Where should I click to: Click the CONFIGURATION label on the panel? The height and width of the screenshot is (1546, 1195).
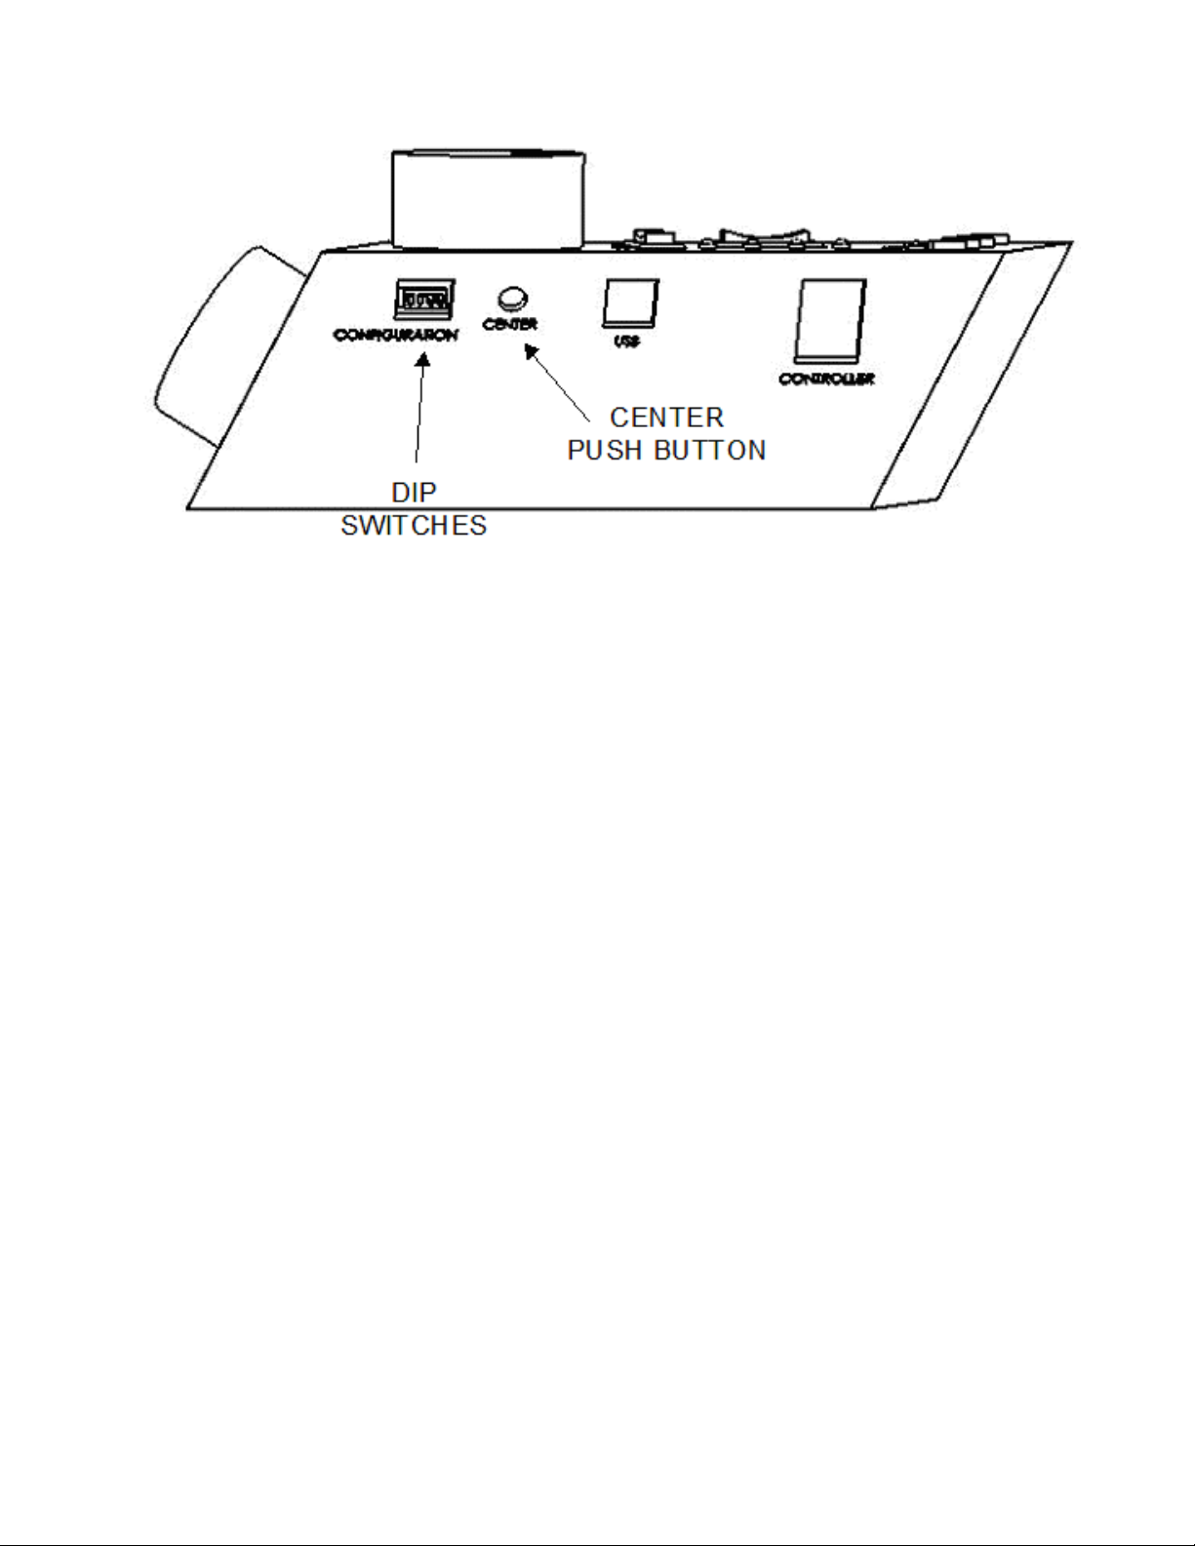point(395,335)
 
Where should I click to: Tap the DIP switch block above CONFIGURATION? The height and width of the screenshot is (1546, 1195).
point(423,298)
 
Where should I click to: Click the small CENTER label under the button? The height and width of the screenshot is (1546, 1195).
point(509,324)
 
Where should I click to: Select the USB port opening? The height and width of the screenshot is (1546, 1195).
point(630,303)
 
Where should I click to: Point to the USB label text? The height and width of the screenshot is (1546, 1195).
point(626,342)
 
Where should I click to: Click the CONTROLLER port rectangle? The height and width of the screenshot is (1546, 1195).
point(830,322)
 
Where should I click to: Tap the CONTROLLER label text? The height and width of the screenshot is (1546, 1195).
point(826,378)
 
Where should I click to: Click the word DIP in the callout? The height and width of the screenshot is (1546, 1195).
point(414,494)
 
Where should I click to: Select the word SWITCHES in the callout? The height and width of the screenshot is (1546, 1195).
point(414,526)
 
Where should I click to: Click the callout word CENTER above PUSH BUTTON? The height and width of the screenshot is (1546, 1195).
point(667,417)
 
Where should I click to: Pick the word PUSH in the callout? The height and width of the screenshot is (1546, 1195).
point(605,451)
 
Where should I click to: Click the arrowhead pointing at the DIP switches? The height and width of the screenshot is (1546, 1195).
point(423,360)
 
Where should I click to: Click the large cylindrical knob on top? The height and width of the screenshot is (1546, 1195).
point(487,198)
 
